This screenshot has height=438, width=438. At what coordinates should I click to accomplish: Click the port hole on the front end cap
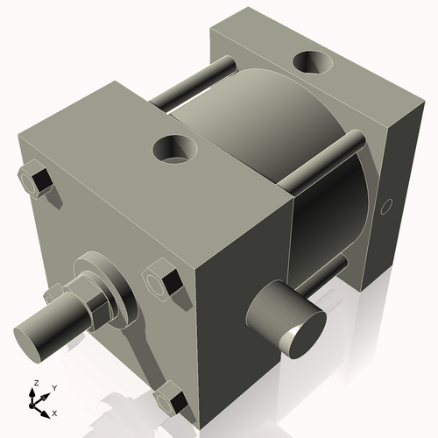(x=175, y=149)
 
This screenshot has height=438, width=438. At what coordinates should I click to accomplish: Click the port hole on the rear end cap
(x=314, y=63)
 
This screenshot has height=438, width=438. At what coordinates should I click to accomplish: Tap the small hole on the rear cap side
(x=385, y=208)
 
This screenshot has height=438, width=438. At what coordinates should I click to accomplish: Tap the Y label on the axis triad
(x=53, y=387)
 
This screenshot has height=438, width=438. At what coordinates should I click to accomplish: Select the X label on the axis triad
(x=54, y=412)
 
